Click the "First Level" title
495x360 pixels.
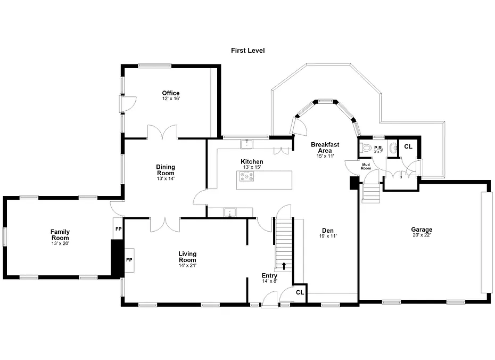pyautogui.click(x=248, y=51)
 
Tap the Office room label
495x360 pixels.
pyautogui.click(x=171, y=93)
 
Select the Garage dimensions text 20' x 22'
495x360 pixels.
pyautogui.click(x=422, y=235)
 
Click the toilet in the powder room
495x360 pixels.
pyautogui.click(x=366, y=148)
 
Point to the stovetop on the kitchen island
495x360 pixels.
pyautogui.click(x=246, y=176)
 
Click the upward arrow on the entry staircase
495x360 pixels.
pyautogui.click(x=284, y=266)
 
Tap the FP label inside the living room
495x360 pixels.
pyautogui.click(x=129, y=260)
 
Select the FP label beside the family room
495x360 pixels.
pyautogui.click(x=118, y=228)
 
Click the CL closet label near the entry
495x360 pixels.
pyautogui.click(x=300, y=292)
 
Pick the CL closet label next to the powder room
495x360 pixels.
pyautogui.click(x=408, y=146)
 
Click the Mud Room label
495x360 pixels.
pyautogui.click(x=366, y=167)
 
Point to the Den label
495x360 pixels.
pyautogui.click(x=328, y=231)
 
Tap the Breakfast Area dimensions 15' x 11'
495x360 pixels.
pyautogui.click(x=325, y=156)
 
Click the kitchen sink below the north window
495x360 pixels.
pyautogui.click(x=246, y=144)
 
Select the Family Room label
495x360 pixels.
pyautogui.click(x=60, y=235)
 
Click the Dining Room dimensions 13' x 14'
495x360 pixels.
pyautogui.click(x=166, y=178)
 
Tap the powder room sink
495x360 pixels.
pyautogui.click(x=393, y=148)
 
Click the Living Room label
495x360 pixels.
pyautogui.click(x=187, y=257)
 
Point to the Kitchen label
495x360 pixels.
pyautogui.click(x=252, y=162)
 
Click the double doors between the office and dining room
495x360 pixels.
pyautogui.click(x=162, y=132)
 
